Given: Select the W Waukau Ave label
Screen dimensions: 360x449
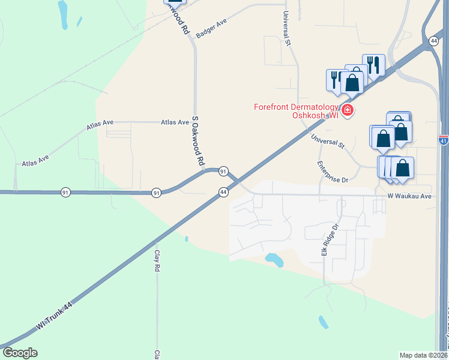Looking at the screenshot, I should pos(409,196).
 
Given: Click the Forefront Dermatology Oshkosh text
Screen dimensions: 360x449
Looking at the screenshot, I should pos(296,111).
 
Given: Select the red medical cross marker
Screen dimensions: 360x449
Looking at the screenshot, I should pos(347,110).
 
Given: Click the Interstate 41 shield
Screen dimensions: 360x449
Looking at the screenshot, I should pos(443,140).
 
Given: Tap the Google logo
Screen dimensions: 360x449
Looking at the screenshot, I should pos(20,353).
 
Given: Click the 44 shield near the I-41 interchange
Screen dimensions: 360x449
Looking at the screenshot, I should pos(433,40).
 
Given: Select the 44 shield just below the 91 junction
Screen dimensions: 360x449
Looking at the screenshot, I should pos(223,191).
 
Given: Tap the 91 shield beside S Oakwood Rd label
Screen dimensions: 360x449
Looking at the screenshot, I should pos(223,172).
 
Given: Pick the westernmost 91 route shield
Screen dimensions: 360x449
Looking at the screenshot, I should pos(65,192).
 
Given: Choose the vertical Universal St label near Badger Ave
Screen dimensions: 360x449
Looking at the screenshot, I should pos(288,29).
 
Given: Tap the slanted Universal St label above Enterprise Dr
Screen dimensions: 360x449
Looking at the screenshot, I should pos(328,142).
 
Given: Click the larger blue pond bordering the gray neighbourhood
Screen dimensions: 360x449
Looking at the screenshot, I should pos(274,260).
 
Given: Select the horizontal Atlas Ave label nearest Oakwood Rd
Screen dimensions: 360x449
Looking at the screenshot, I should pos(175,122).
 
